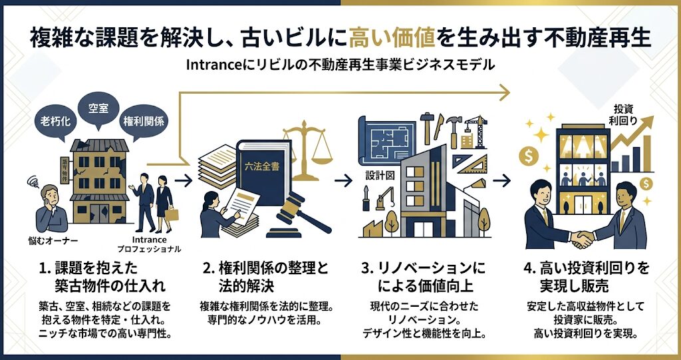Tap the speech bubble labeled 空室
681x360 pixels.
click(98, 107)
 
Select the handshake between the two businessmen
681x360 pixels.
click(585, 236)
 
